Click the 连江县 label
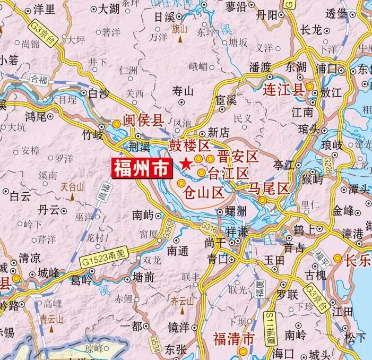(283, 89)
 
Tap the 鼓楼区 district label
(190, 145)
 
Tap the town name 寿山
(184, 91)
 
